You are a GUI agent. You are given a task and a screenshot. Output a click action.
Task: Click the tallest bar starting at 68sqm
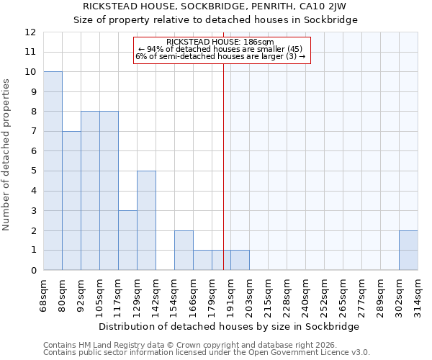53,171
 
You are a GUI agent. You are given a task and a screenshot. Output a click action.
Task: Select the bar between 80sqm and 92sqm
71,201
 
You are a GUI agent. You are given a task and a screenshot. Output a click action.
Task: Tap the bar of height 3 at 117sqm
127,240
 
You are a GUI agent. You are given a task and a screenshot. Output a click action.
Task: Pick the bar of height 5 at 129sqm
146,220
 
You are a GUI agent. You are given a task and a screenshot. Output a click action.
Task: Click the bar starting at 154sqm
184,251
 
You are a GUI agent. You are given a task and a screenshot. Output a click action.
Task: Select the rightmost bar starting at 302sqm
408,251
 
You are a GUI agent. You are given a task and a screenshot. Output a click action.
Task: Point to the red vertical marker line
223,166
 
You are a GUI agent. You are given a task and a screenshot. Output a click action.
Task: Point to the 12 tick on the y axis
30,32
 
